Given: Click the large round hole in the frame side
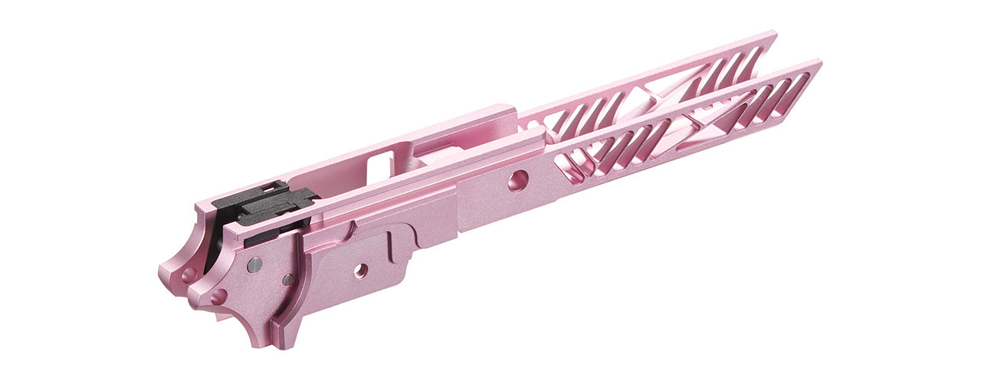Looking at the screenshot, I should coord(518,181).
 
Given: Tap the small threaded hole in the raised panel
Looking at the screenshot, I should coord(359,270).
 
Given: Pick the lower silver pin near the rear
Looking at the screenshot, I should coord(287,280).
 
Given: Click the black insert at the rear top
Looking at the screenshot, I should coord(261,203).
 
